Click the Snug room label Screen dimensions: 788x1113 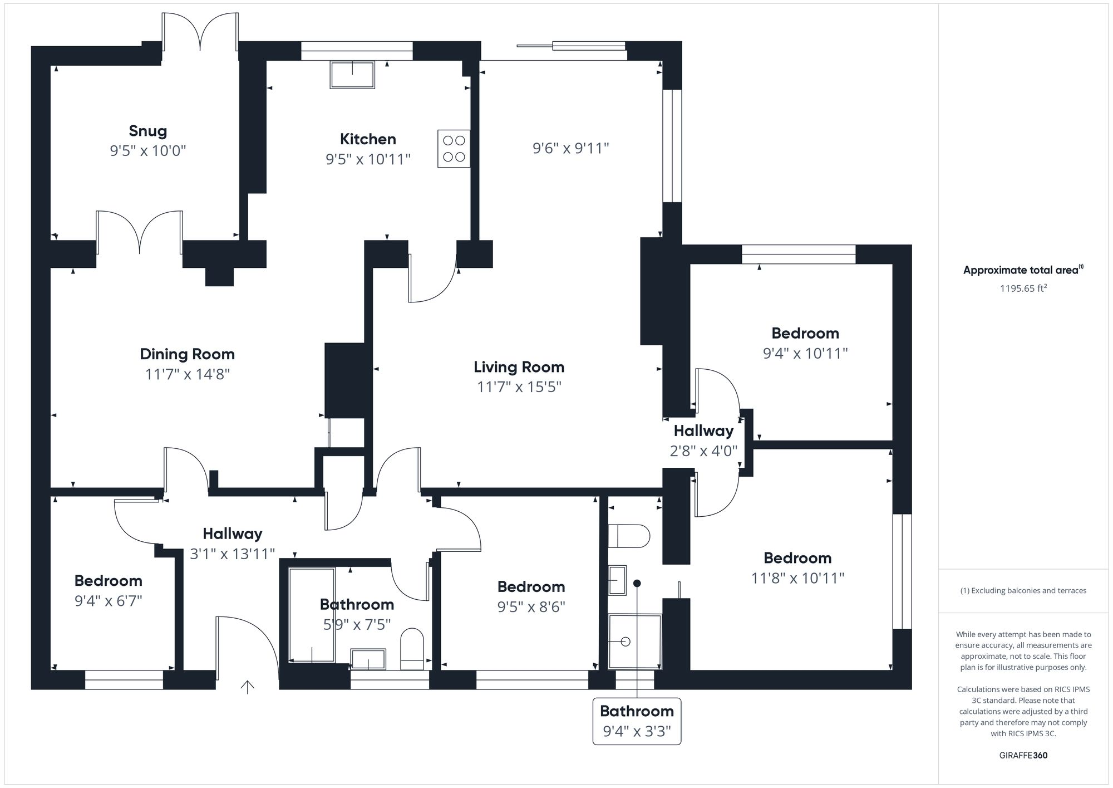click(147, 131)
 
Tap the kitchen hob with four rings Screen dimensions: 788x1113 click(454, 149)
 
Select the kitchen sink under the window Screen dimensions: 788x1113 click(352, 75)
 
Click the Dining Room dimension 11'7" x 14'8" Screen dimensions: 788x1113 click(188, 374)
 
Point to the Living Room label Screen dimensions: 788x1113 click(519, 367)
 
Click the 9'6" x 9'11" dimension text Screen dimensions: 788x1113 click(570, 148)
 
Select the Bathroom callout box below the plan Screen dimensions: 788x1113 click(637, 721)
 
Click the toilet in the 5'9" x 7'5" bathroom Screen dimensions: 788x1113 click(412, 649)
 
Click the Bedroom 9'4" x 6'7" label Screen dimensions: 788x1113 click(109, 581)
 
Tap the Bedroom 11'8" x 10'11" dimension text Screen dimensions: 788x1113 click(797, 578)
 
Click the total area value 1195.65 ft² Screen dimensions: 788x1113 click(1023, 288)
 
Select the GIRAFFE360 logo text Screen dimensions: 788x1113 click(1023, 755)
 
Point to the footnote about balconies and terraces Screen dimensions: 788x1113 click(1023, 590)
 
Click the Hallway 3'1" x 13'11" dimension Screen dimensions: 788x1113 click(233, 554)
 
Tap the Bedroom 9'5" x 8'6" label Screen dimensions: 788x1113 click(531, 586)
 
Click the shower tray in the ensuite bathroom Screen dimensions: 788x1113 click(634, 641)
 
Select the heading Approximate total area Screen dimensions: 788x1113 click(1022, 270)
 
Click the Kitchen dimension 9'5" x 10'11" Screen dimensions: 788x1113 click(368, 159)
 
